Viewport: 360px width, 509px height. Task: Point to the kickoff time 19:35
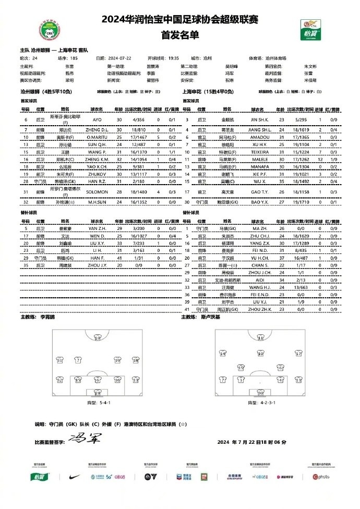(174, 58)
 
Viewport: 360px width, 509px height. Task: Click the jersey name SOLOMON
(98, 178)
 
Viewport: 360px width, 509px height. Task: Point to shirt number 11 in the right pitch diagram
(260, 337)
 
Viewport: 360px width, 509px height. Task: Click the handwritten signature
(84, 437)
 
